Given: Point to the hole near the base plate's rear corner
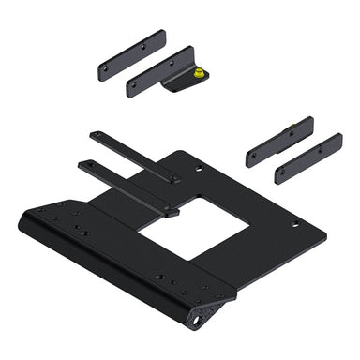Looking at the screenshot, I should click(x=198, y=170).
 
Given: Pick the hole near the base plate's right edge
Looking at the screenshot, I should click(x=295, y=224).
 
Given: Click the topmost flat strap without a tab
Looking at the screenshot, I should click(x=132, y=55).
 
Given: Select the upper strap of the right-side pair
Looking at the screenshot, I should click(x=278, y=142).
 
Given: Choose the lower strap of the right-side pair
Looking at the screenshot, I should click(x=307, y=157).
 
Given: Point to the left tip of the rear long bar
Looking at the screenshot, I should click(x=86, y=133).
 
